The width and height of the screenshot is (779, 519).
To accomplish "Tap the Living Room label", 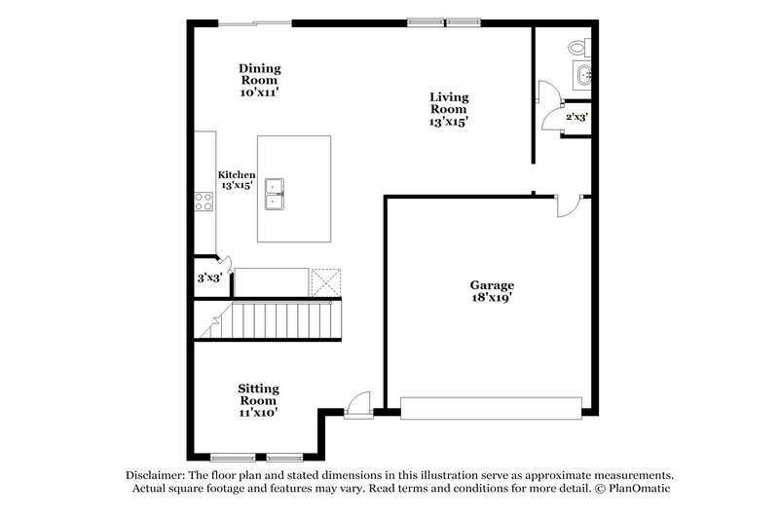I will [449, 109].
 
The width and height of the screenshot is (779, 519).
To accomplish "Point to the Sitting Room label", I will [258, 400].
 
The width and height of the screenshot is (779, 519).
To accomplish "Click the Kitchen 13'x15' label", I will [237, 179].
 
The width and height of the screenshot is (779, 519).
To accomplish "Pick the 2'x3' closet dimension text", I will [576, 116].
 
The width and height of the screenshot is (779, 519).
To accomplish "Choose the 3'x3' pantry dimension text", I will [209, 278].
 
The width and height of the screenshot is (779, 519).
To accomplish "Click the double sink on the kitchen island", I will [276, 193].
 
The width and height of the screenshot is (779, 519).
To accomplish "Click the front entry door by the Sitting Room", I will [358, 403].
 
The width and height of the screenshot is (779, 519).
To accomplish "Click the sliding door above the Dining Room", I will [254, 21].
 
